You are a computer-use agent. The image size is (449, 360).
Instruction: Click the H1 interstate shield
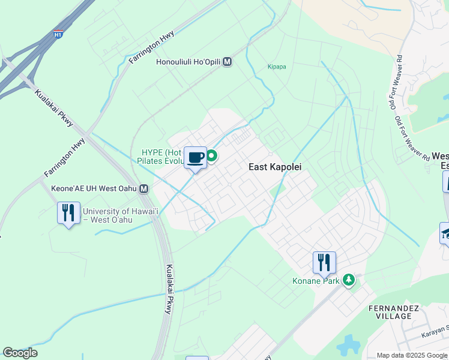tap(58, 34)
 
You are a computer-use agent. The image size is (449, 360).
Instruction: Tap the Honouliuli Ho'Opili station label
tap(188, 62)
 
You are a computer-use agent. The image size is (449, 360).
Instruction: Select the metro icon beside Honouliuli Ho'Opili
tap(228, 62)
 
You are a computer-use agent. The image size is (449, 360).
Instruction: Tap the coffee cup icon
tap(195, 158)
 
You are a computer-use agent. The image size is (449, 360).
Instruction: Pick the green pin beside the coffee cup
tap(212, 157)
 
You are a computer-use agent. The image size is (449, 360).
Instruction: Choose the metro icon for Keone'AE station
tap(144, 189)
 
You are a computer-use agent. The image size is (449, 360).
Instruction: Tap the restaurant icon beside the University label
tap(68, 213)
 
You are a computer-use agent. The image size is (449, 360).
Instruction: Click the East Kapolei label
tap(275, 167)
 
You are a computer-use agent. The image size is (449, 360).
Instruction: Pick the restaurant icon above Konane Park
tap(324, 262)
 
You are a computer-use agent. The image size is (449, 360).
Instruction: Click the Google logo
tap(20, 353)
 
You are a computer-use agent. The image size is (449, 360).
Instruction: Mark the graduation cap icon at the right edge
tap(445, 233)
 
